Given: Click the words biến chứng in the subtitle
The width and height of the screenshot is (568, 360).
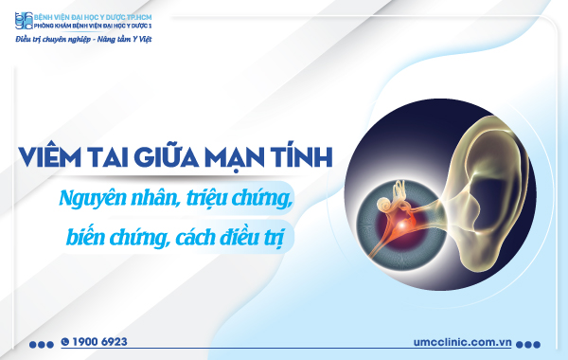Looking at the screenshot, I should pos(108,235).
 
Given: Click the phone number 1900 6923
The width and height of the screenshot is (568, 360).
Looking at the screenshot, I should pos(100,341).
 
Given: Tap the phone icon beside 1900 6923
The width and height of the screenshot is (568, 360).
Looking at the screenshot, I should pos(65,341).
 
